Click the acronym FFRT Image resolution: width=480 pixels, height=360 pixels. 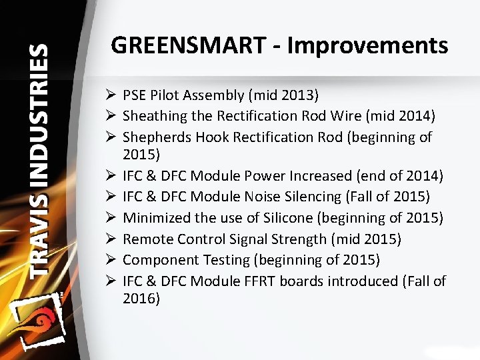257,281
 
